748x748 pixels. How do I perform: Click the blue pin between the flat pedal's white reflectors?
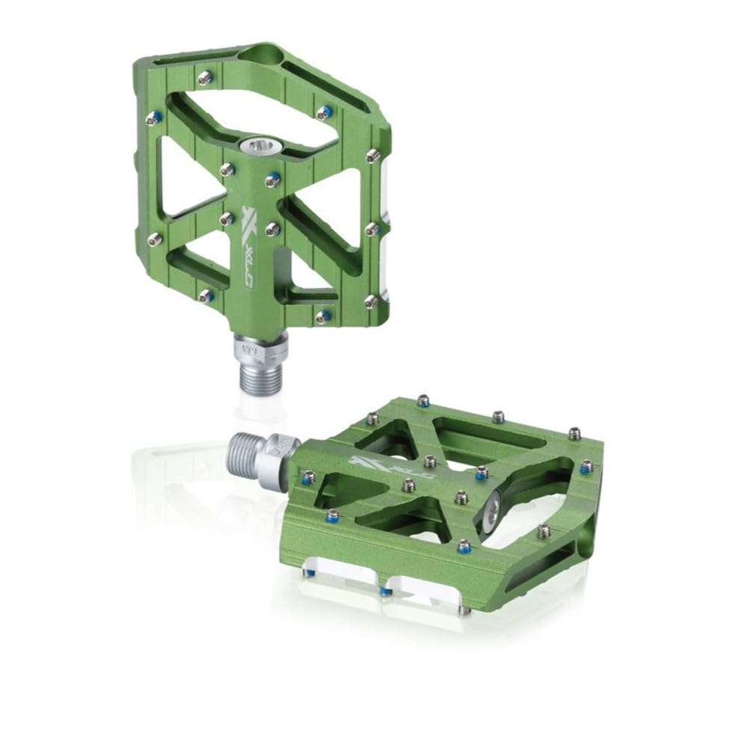(x=384, y=591)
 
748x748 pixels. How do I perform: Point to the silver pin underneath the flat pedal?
(x=465, y=610)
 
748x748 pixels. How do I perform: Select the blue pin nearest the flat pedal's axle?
(x=307, y=476)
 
